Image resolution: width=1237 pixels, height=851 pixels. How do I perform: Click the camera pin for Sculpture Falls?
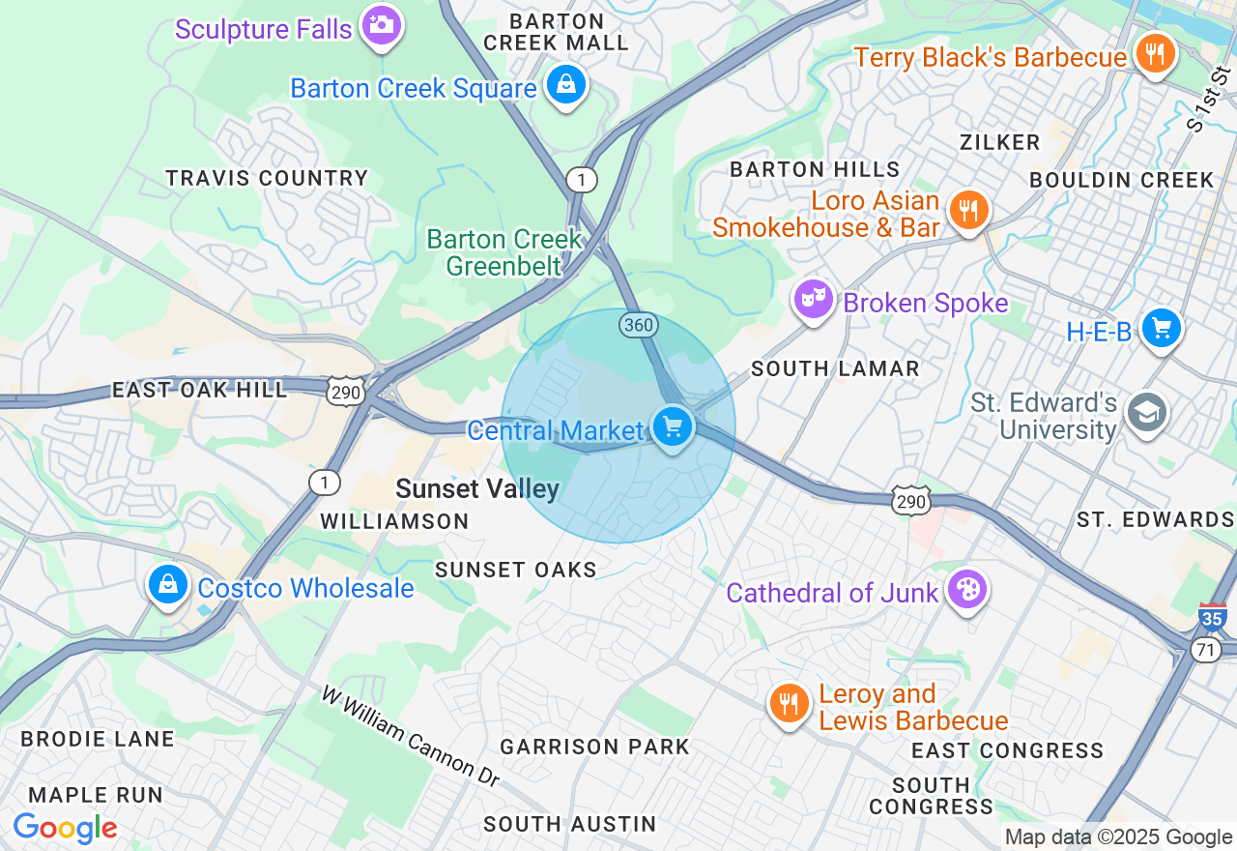point(381,25)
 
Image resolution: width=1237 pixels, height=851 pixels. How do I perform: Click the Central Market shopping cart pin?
point(673,426)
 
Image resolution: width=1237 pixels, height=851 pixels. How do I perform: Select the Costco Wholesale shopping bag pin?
point(168,585)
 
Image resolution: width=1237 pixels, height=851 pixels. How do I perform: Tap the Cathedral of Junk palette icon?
point(965,589)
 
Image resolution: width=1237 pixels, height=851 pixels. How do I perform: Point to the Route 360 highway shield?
point(639,326)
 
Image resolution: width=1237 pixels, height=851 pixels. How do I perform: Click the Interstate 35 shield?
point(1212,616)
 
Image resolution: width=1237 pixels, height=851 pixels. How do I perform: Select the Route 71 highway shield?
point(1205,651)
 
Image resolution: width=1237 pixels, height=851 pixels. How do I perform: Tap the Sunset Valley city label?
point(477,489)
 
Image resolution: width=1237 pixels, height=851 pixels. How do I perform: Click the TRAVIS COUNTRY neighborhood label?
point(267,178)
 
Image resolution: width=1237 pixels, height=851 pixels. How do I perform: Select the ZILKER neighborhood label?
point(999,142)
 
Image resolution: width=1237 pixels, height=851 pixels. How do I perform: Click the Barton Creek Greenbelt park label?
point(504,251)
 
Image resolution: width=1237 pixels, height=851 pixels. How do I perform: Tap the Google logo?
point(65,829)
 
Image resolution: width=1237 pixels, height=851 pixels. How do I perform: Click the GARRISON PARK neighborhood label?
point(594,747)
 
